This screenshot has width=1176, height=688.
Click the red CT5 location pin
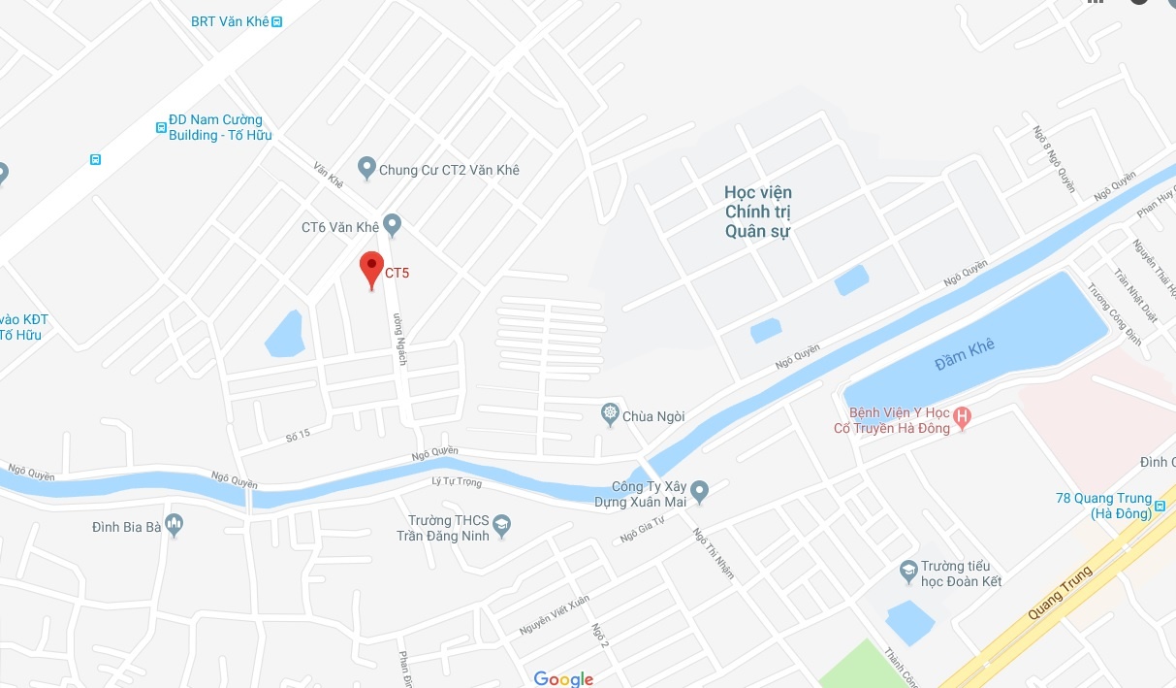coord(370,267)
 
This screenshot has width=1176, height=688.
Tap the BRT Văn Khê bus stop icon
coord(277,21)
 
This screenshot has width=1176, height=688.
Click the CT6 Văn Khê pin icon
coord(392,225)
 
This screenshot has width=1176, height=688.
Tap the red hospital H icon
coord(962,418)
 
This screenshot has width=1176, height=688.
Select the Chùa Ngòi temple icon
coord(610,415)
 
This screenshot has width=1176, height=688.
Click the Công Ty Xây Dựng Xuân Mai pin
coord(700,491)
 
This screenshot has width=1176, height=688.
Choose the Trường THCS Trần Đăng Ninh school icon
coord(502,526)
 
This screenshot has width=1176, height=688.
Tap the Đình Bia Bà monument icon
coord(175,525)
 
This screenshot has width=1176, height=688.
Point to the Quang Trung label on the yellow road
coord(1062,592)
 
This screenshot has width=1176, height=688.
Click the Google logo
coord(563,678)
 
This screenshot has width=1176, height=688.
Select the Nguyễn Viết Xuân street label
coord(555,614)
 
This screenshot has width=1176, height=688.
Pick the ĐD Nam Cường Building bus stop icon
coord(161,126)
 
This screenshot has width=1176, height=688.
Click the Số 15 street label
coord(297,435)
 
